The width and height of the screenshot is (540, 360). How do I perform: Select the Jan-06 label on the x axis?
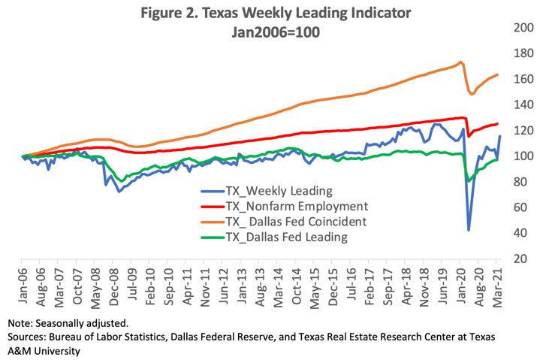(23, 280)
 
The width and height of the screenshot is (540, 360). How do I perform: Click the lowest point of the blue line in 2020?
(469, 230)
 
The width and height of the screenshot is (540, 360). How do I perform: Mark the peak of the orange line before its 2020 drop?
(460, 62)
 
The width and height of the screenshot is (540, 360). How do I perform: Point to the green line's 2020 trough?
(469, 181)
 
